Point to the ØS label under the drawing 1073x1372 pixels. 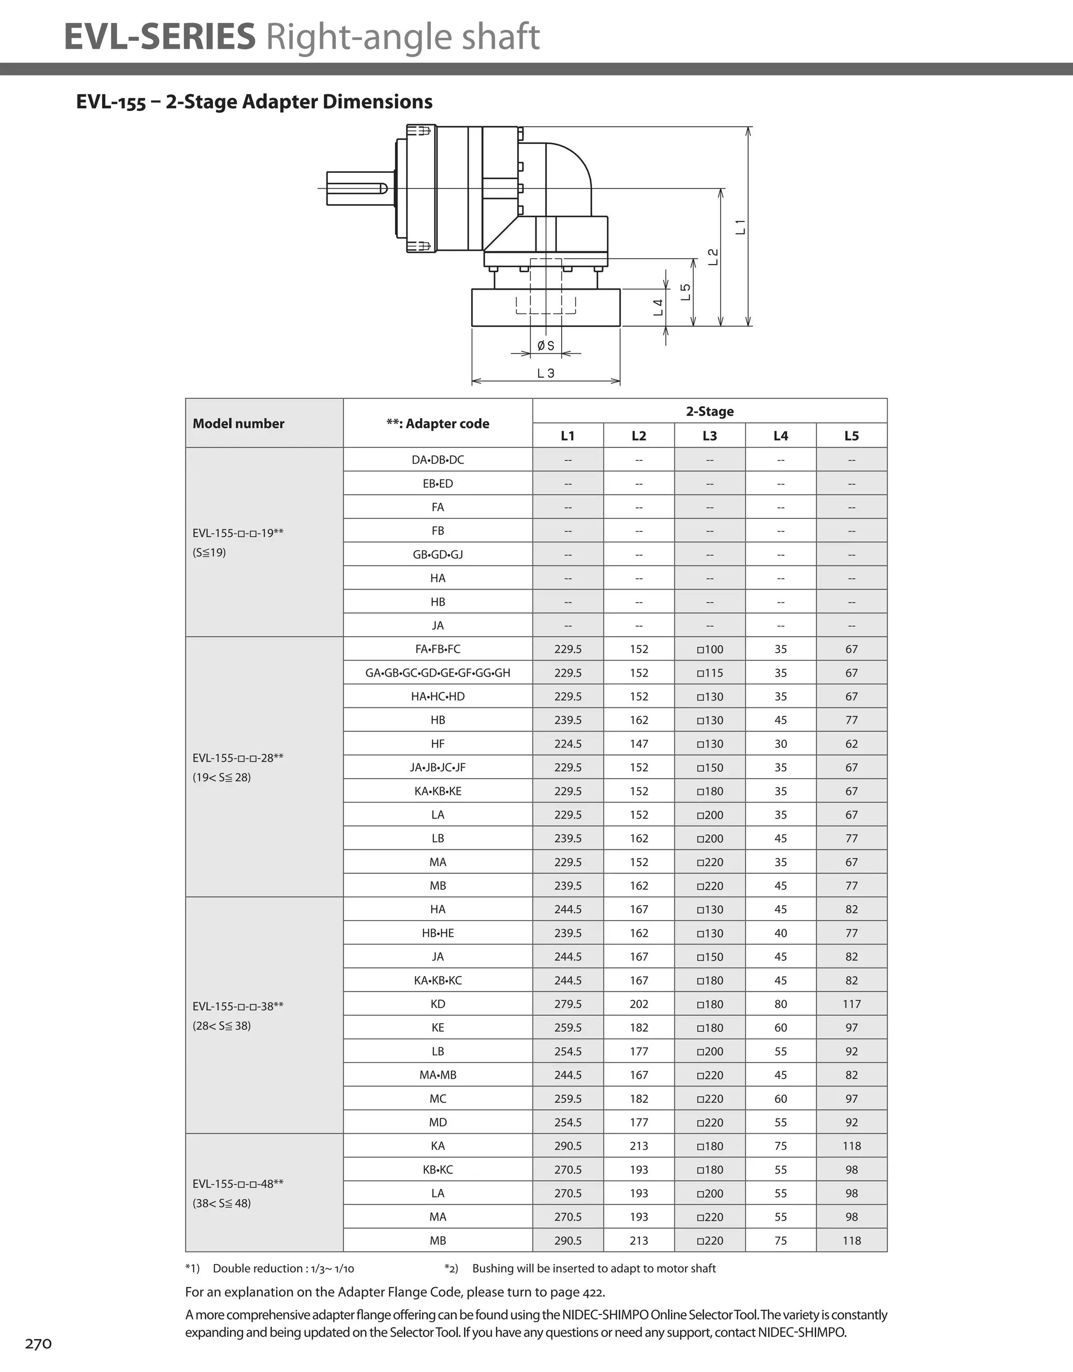[x=545, y=346]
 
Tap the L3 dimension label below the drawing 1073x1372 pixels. [x=545, y=373]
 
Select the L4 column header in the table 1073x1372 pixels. [x=780, y=435]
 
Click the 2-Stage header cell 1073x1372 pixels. [x=710, y=412]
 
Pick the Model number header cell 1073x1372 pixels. [x=238, y=424]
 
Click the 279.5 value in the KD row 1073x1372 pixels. [x=567, y=1004]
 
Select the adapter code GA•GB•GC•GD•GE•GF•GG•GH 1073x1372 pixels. [x=437, y=673]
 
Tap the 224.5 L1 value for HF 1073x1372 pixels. [x=567, y=744]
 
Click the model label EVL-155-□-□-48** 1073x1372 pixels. [x=238, y=1183]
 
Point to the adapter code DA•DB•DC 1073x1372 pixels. [x=437, y=460]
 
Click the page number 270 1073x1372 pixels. [x=38, y=1344]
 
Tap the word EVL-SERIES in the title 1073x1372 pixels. [x=160, y=37]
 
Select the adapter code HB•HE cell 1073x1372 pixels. [x=437, y=933]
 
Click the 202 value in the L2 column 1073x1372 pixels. [x=639, y=1004]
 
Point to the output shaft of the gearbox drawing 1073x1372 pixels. [x=355, y=188]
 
